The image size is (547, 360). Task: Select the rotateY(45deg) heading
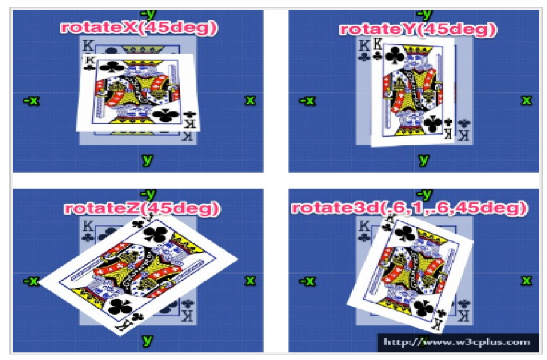pyautogui.click(x=418, y=29)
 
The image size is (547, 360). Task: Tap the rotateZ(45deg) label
pyautogui.click(x=142, y=208)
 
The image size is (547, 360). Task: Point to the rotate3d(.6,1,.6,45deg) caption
pyautogui.click(x=409, y=208)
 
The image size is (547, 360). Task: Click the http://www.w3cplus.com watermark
pyautogui.click(x=456, y=343)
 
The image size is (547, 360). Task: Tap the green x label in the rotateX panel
pyautogui.click(x=250, y=101)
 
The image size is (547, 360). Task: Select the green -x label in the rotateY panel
pyautogui.click(x=308, y=101)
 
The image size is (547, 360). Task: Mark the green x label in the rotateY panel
pyautogui.click(x=526, y=101)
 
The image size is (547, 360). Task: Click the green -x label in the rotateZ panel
pyautogui.click(x=31, y=281)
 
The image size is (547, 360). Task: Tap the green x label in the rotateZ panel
pyautogui.click(x=250, y=281)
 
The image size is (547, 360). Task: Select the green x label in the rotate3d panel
pyautogui.click(x=526, y=281)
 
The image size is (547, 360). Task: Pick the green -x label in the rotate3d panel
pyautogui.click(x=308, y=281)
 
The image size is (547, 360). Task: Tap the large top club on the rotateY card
pyautogui.click(x=394, y=56)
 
